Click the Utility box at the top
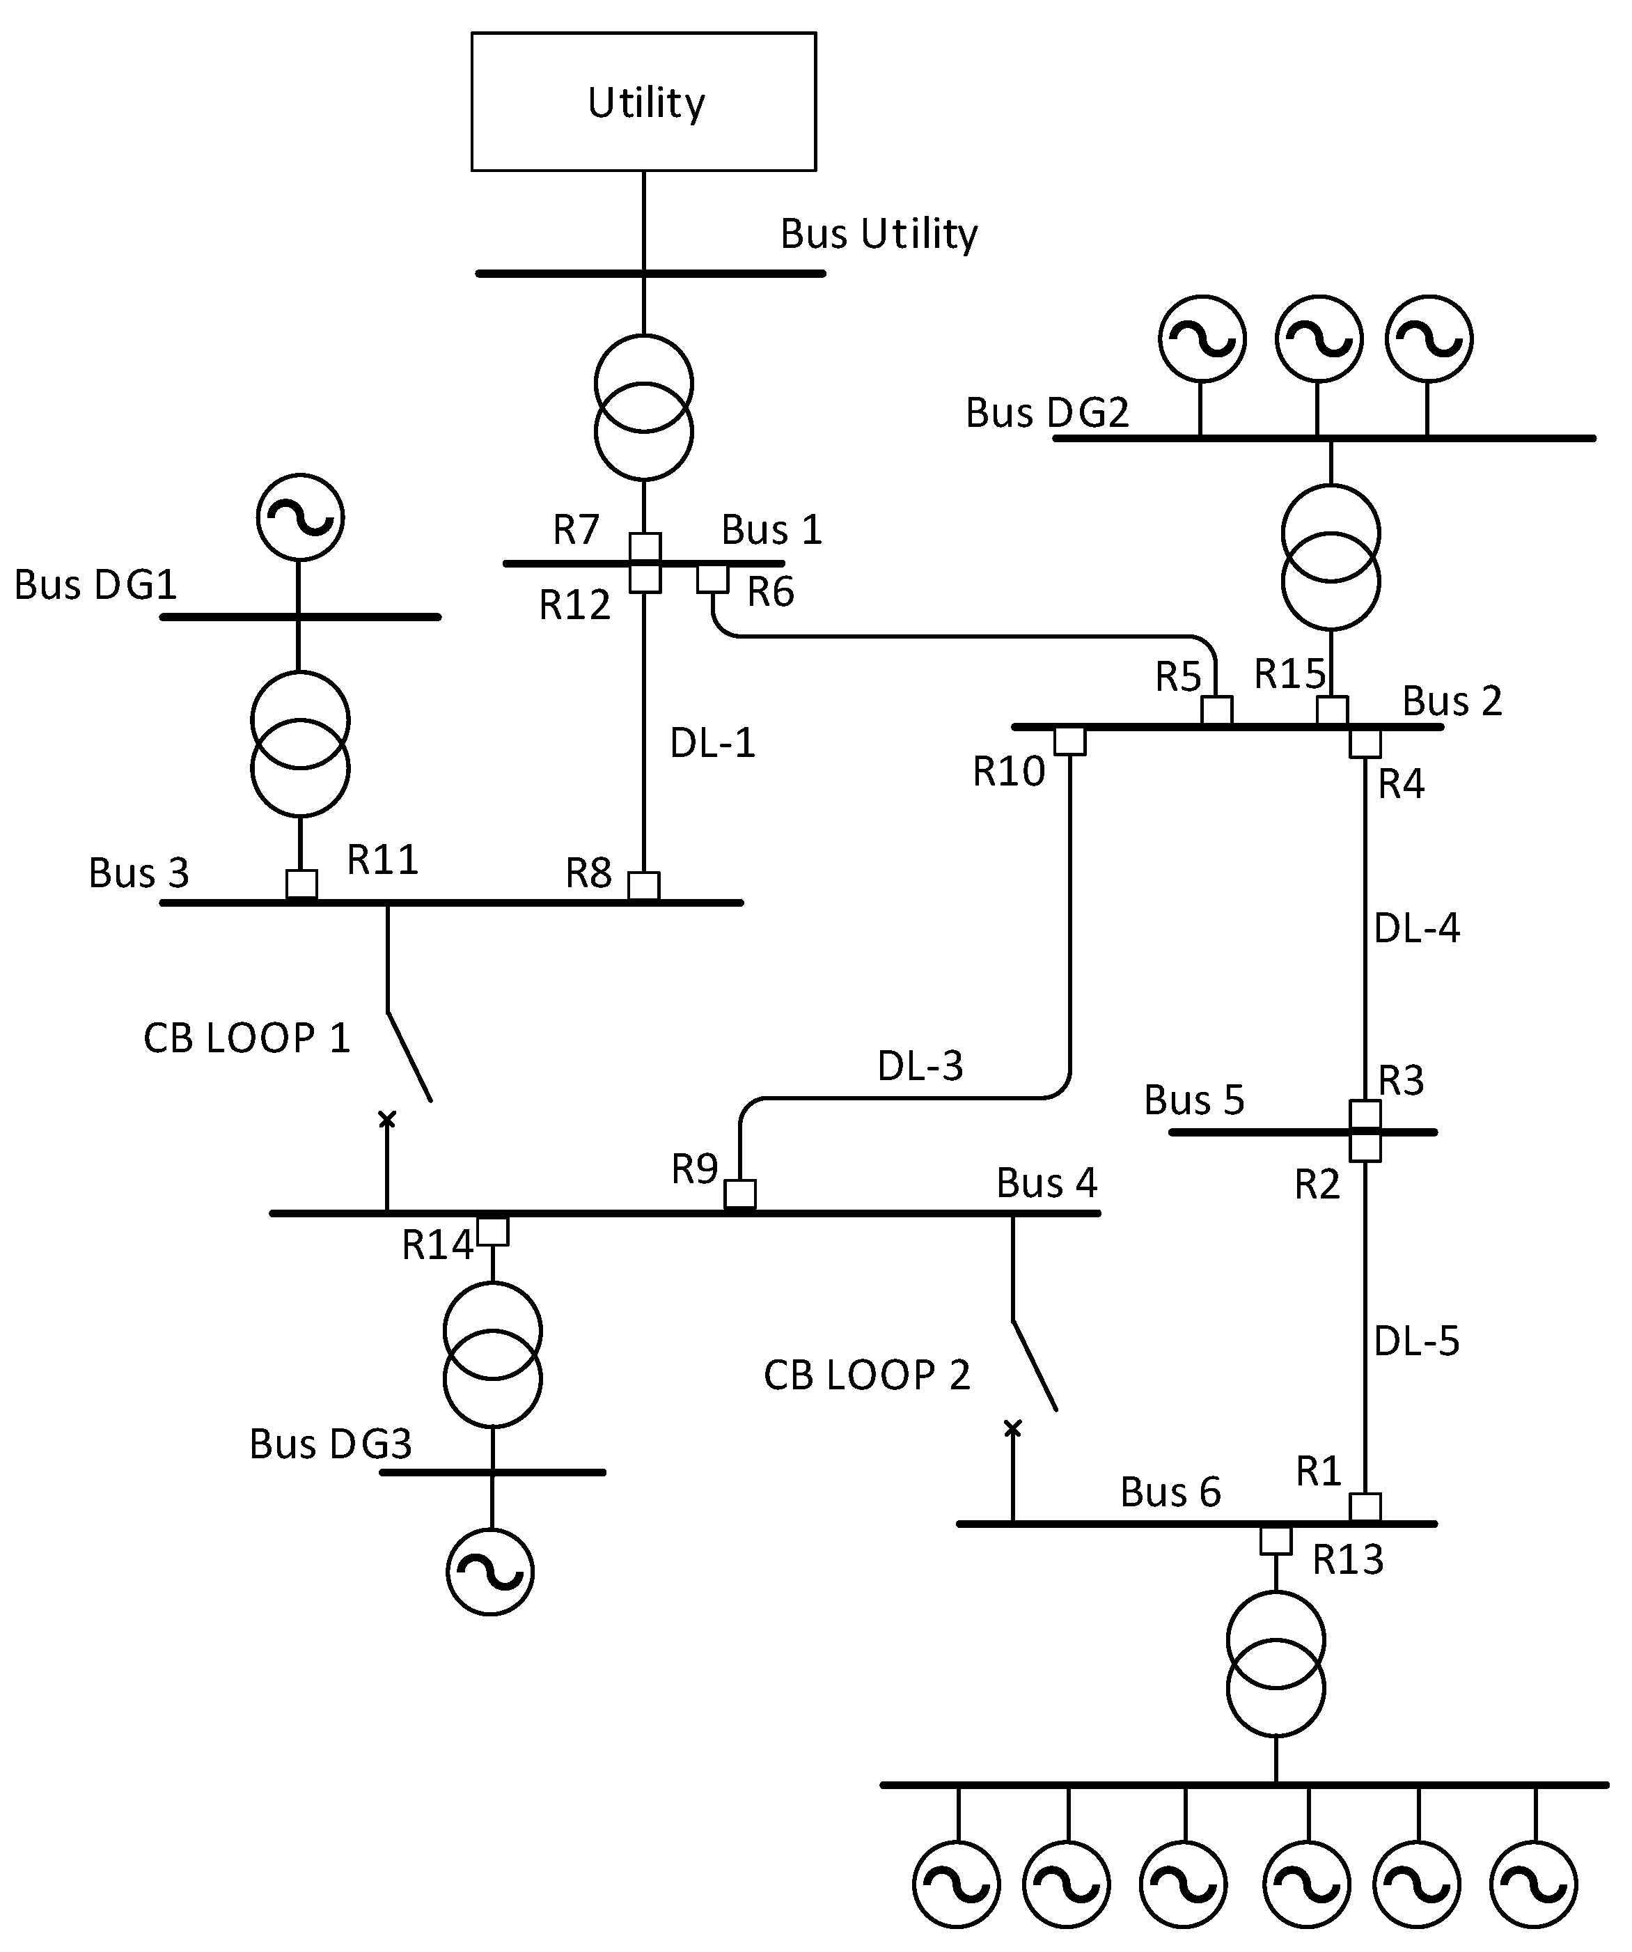pyautogui.click(x=643, y=102)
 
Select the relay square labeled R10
pyautogui.click(x=1069, y=741)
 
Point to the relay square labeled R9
pyautogui.click(x=740, y=1194)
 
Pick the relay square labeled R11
pyautogui.click(x=301, y=884)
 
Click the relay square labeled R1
pyautogui.click(x=1365, y=1508)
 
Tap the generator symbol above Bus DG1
pyautogui.click(x=300, y=517)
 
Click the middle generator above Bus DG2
pyautogui.click(x=1319, y=338)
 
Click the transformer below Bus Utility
pyautogui.click(x=643, y=407)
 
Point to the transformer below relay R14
pyautogui.click(x=492, y=1354)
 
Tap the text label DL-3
pyautogui.click(x=920, y=1066)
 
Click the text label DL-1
pyautogui.click(x=713, y=742)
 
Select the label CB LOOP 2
pyautogui.click(x=866, y=1375)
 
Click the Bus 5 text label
pyautogui.click(x=1193, y=1100)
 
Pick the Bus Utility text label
pyautogui.click(x=878, y=234)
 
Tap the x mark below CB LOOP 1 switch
pyautogui.click(x=386, y=1119)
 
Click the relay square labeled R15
pyautogui.click(x=1332, y=711)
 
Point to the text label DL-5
pyautogui.click(x=1416, y=1341)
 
